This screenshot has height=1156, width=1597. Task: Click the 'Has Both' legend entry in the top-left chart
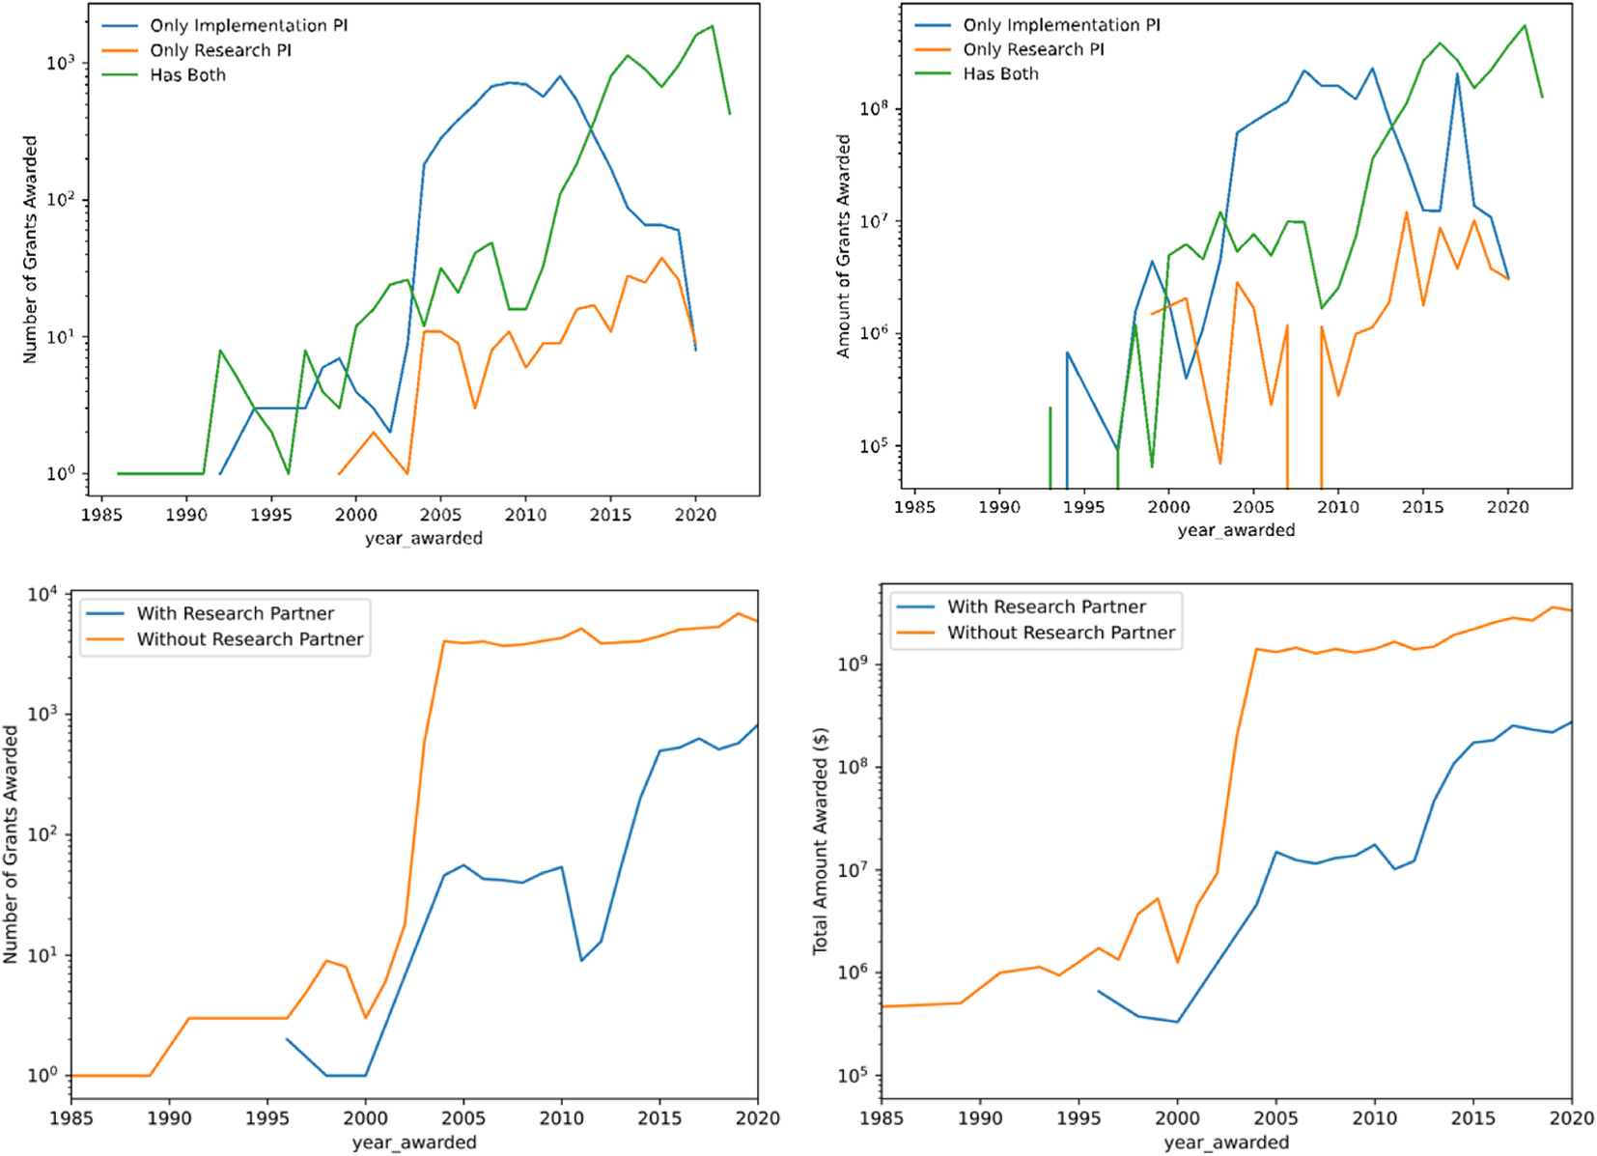tap(187, 75)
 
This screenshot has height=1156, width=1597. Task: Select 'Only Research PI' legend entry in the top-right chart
tap(1033, 49)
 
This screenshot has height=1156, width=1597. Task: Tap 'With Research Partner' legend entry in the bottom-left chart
tap(235, 613)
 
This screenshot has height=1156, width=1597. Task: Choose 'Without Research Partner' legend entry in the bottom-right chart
tap(1060, 633)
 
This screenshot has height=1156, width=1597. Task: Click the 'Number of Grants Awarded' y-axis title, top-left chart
tap(30, 249)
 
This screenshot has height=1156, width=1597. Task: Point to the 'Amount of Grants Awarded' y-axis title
tap(843, 246)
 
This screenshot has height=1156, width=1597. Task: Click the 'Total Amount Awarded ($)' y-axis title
tap(821, 840)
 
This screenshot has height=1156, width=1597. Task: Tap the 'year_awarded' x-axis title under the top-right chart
tap(1236, 530)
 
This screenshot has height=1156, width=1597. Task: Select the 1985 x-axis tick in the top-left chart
tap(100, 515)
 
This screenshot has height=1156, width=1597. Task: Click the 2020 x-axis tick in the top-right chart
tap(1507, 507)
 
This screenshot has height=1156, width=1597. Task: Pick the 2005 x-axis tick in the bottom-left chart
tap(463, 1118)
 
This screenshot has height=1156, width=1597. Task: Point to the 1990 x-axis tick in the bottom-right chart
tap(980, 1118)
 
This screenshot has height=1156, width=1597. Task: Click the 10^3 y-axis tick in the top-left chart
tap(60, 64)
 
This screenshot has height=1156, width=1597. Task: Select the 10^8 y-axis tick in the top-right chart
tap(874, 109)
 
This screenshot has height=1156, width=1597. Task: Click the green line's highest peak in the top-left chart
tap(713, 26)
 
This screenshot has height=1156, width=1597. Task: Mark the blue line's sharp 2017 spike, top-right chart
tap(1457, 73)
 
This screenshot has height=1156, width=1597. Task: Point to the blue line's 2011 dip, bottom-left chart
tap(581, 960)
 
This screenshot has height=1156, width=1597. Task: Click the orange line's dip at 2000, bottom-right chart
tap(1177, 962)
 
